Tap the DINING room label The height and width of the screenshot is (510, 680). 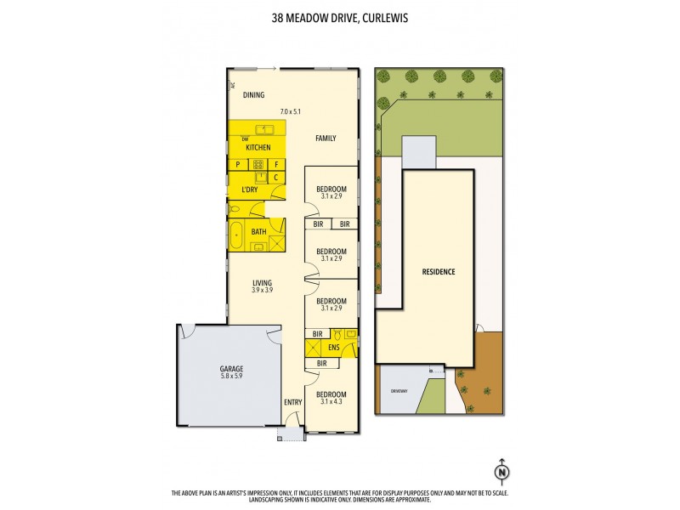(x=253, y=95)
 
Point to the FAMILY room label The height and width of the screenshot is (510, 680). (x=326, y=138)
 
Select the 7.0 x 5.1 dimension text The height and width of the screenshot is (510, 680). (x=291, y=111)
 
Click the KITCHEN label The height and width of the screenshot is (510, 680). (x=258, y=148)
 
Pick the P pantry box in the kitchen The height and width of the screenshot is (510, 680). (x=238, y=165)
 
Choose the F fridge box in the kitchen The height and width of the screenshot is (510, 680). (x=276, y=165)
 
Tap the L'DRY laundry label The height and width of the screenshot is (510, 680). (x=249, y=189)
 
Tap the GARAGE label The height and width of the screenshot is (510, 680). (x=230, y=368)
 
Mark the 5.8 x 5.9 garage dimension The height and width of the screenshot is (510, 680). (x=230, y=377)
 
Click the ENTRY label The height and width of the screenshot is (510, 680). (x=293, y=402)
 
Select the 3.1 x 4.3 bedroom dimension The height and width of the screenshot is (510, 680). (x=331, y=402)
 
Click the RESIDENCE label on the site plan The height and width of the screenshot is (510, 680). (x=439, y=272)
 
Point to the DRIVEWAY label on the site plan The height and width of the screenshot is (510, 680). (x=400, y=392)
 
